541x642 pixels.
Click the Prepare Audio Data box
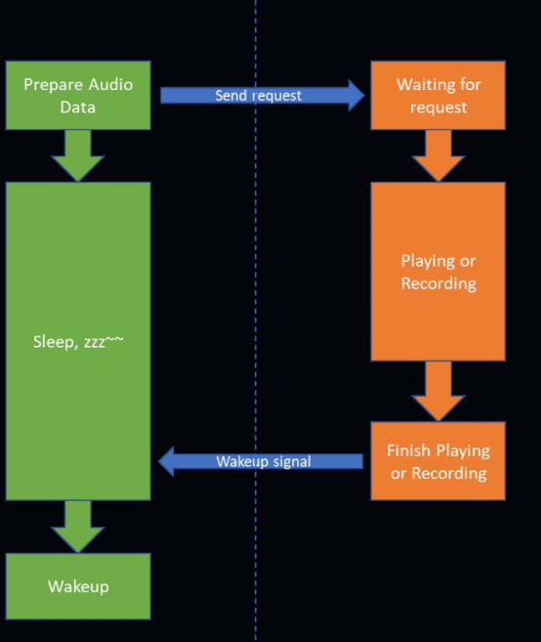[x=78, y=96]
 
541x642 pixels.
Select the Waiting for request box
[x=437, y=96]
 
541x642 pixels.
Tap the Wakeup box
[x=78, y=586]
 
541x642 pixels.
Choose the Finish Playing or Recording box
[x=437, y=461]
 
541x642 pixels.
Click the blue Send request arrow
[x=263, y=96]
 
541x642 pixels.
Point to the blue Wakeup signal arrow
[x=261, y=461]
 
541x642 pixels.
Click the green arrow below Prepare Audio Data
[x=78, y=155]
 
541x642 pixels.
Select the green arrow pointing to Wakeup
[x=78, y=527]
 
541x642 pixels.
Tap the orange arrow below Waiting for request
[x=438, y=155]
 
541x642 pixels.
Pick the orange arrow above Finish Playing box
[x=438, y=391]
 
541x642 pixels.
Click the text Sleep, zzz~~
[x=78, y=341]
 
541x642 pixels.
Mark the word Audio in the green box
[x=110, y=84]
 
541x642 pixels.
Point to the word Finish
[x=407, y=450]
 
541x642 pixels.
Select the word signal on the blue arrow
[x=292, y=462]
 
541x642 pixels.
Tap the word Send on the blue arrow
[x=230, y=96]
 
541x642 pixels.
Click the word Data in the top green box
[x=78, y=107]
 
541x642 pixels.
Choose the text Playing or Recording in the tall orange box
[x=438, y=273]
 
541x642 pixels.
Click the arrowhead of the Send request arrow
[x=356, y=96]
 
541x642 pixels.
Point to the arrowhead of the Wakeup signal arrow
[x=166, y=461]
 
